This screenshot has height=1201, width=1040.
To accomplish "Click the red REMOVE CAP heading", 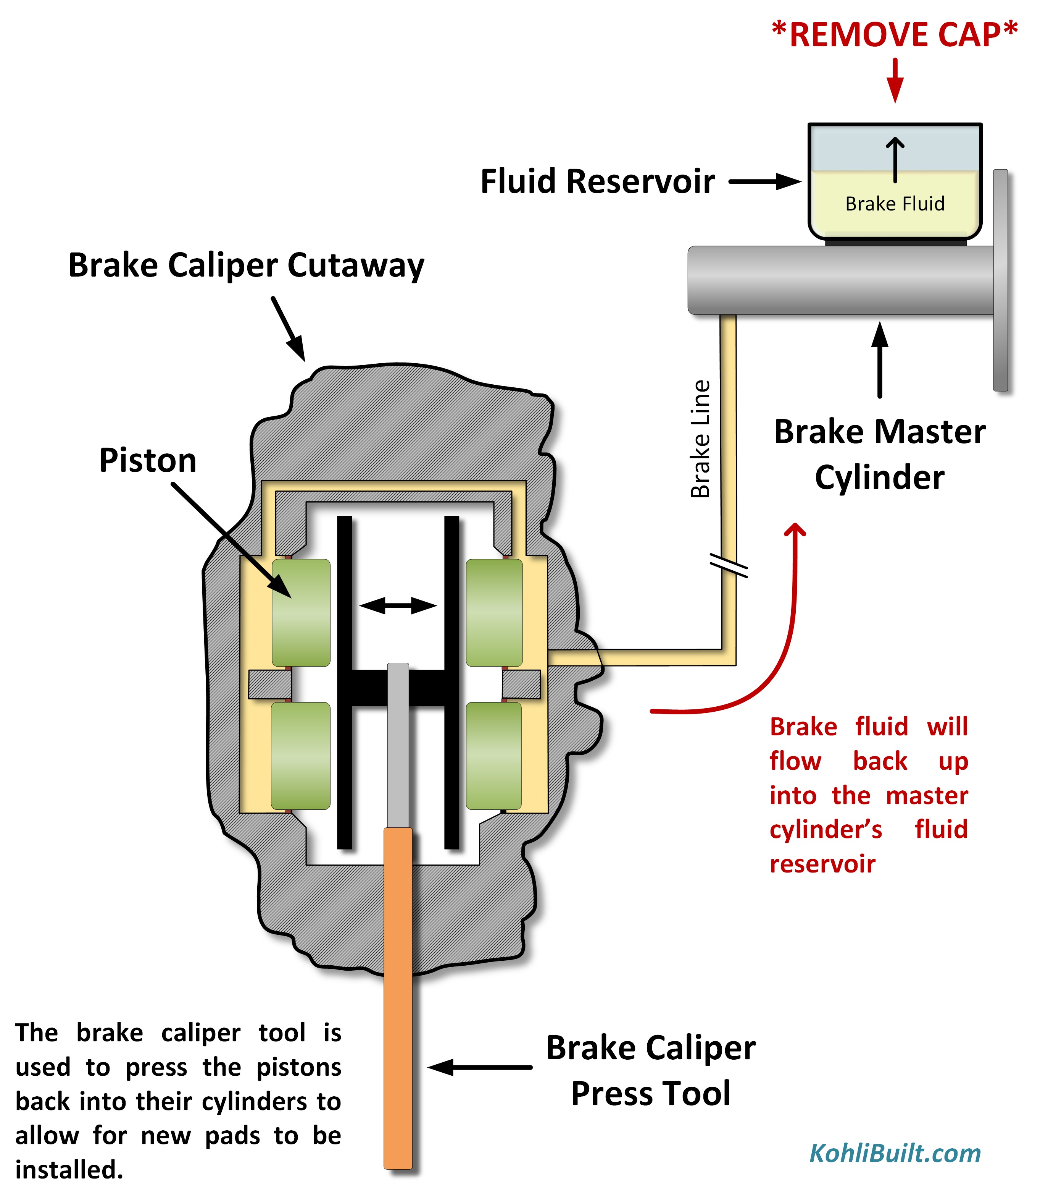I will [x=894, y=35].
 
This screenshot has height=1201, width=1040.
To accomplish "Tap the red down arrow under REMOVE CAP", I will [x=895, y=81].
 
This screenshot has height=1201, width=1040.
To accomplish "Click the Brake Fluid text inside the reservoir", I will [x=894, y=204].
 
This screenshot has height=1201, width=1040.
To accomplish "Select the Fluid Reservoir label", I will [x=598, y=182].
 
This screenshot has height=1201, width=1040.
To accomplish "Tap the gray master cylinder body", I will [x=842, y=280].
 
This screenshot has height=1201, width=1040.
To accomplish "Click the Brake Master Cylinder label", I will [x=879, y=454].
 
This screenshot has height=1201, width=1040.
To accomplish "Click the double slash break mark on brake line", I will [x=729, y=565].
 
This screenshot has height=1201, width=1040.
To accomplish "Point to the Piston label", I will [x=148, y=461].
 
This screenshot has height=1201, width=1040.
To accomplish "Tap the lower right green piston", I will [x=494, y=756].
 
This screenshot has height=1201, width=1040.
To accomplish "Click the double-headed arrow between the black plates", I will [x=398, y=606].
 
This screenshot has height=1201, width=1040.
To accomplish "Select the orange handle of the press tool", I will [x=398, y=999].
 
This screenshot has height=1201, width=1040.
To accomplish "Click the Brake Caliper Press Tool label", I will [x=651, y=1070].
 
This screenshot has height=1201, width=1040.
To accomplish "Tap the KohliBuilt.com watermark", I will [x=894, y=1153].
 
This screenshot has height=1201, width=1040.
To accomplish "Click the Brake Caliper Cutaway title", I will [x=246, y=265].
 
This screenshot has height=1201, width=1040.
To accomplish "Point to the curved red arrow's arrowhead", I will [x=795, y=530].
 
